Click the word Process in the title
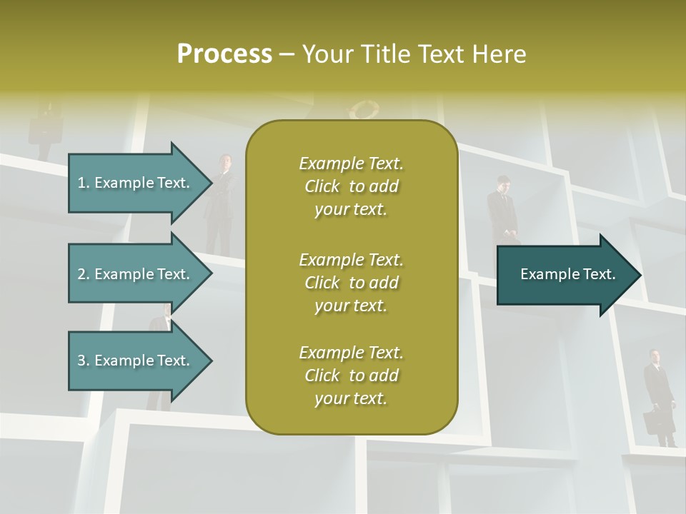click(x=224, y=54)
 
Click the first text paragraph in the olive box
click(x=351, y=186)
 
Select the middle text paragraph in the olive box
click(x=351, y=282)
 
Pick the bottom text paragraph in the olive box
click(x=351, y=376)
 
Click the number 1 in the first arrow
click(x=81, y=183)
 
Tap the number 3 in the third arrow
click(x=81, y=361)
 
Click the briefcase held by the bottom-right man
click(x=652, y=423)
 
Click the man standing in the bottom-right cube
click(x=658, y=393)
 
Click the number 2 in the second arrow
click(x=81, y=274)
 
